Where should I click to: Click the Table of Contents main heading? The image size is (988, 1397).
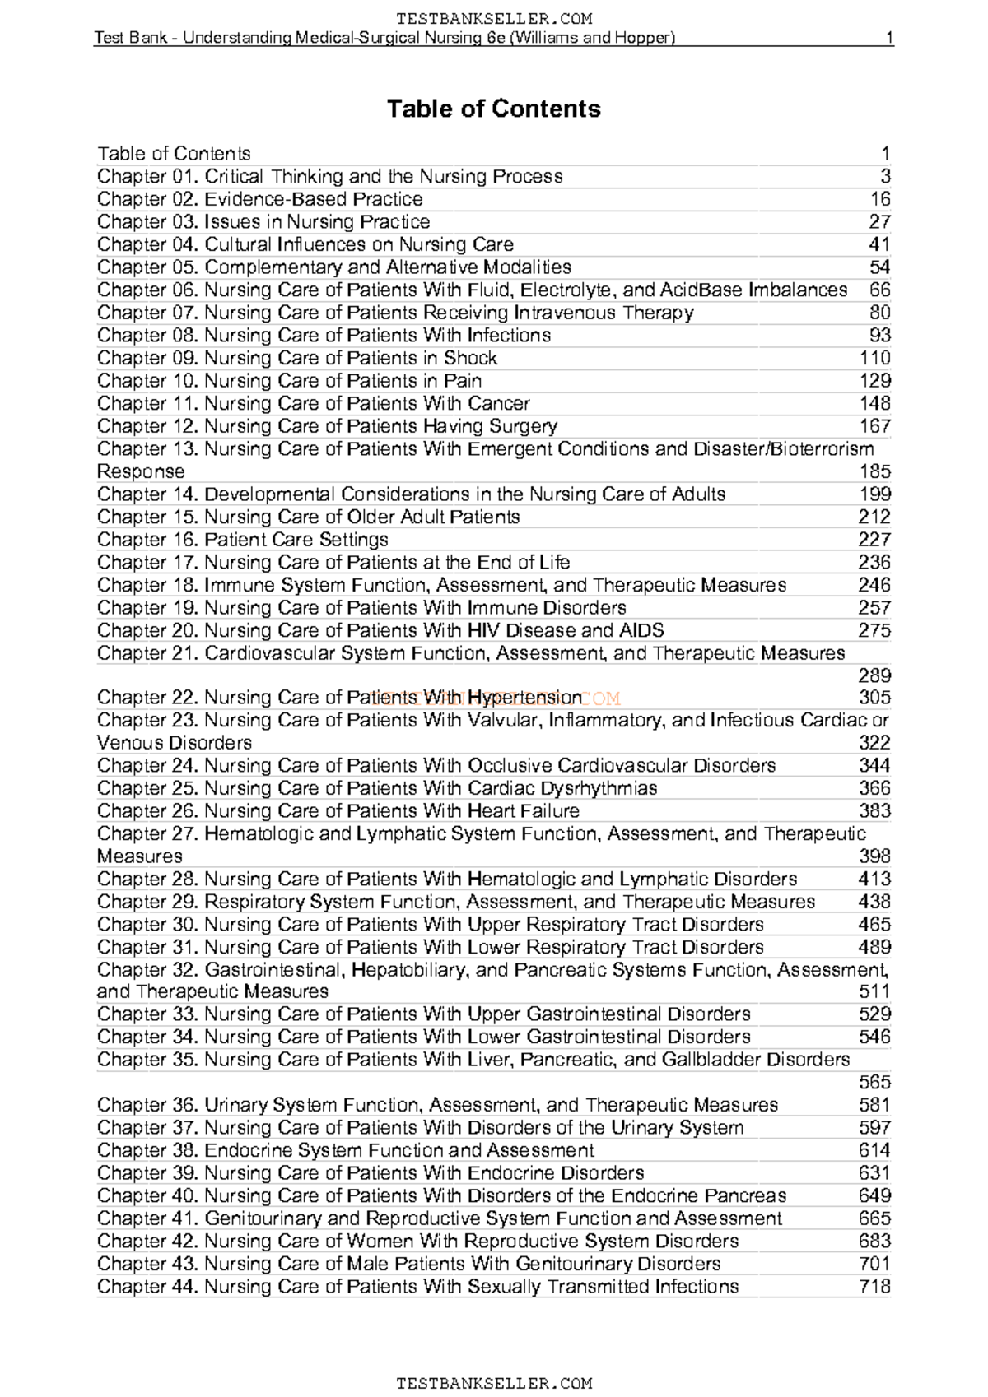pyautogui.click(x=493, y=109)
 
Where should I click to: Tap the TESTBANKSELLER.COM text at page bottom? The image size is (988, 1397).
pyautogui.click(x=493, y=1383)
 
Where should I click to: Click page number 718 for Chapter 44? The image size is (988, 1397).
pyautogui.click(x=874, y=1286)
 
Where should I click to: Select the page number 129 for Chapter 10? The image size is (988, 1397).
pyautogui.click(x=874, y=380)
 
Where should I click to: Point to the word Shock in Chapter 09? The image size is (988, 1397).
pyautogui.click(x=470, y=358)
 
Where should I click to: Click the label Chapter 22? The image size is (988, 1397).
pyautogui.click(x=147, y=698)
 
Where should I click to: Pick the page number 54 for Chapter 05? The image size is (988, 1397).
pyautogui.click(x=879, y=267)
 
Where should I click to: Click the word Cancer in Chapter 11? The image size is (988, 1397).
pyautogui.click(x=498, y=403)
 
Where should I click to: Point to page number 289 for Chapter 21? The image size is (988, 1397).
pyautogui.click(x=874, y=675)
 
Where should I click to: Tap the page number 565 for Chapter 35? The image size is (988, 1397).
pyautogui.click(x=874, y=1082)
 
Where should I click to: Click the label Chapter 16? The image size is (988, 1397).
pyautogui.click(x=147, y=540)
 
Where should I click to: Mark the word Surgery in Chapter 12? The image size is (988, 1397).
pyautogui.click(x=523, y=426)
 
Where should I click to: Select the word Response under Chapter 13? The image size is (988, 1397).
pyautogui.click(x=141, y=471)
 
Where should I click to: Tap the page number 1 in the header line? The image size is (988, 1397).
pyautogui.click(x=889, y=38)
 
